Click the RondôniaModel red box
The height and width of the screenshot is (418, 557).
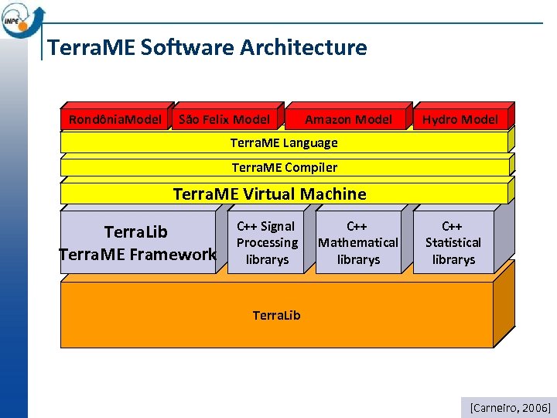pos(115,119)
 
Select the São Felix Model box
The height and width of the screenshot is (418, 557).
pos(224,119)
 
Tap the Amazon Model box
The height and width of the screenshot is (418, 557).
pos(348,119)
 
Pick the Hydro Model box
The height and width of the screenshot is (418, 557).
pos(460,119)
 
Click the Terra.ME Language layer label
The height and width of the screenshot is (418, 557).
pos(284,142)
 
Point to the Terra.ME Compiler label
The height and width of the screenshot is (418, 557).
pos(284,167)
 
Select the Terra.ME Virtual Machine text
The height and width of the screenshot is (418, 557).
pos(269,194)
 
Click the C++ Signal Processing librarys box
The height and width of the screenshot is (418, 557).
pos(266,242)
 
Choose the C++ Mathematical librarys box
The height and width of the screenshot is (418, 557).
pos(357,242)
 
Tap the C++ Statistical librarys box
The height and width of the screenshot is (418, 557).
pos(453,242)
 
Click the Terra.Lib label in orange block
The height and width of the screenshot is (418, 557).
pos(276,315)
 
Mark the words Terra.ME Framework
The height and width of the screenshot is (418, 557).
pos(138,253)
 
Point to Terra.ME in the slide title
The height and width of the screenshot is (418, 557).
pos(91,48)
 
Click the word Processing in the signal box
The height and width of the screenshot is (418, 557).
pos(267,242)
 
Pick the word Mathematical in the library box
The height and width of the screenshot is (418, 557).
pos(358,242)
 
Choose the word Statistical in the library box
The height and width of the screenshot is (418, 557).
pos(453,242)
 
